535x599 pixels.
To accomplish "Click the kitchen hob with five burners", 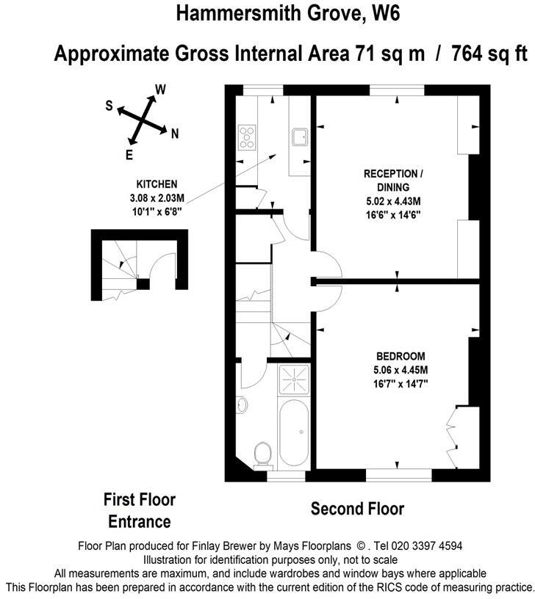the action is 247,137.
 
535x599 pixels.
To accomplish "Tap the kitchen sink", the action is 300,137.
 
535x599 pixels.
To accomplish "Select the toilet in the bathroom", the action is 262,455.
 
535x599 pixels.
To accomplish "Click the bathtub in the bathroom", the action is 294,432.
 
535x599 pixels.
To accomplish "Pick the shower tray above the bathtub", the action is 294,380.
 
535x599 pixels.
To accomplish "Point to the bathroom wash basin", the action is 241,404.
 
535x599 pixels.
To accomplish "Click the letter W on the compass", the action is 161,90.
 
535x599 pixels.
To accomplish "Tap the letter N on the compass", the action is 175,134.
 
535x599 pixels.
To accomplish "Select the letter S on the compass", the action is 109,106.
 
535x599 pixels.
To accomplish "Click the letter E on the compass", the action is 129,155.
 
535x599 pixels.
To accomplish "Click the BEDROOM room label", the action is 401,356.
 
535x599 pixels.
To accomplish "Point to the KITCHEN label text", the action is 157,184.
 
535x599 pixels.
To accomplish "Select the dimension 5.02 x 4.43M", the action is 393,201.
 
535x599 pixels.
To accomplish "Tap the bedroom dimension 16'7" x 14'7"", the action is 401,383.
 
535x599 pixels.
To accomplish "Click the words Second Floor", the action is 357,509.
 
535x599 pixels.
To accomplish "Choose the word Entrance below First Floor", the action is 139,522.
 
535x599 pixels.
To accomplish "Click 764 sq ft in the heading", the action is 489,53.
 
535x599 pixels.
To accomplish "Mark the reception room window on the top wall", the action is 397,90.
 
